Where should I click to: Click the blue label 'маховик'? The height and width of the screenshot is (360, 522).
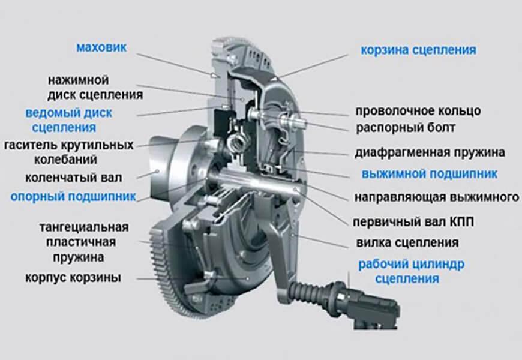[x=101, y=47]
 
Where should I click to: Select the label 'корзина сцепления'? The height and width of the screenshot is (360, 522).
[x=418, y=50]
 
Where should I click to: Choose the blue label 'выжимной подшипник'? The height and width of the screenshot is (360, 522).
[x=429, y=174]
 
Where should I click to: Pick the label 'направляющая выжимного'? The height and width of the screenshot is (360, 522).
[x=436, y=197]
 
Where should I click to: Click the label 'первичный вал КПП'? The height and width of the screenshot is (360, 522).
[x=413, y=222]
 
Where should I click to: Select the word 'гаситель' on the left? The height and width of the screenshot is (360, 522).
[x=29, y=145]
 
